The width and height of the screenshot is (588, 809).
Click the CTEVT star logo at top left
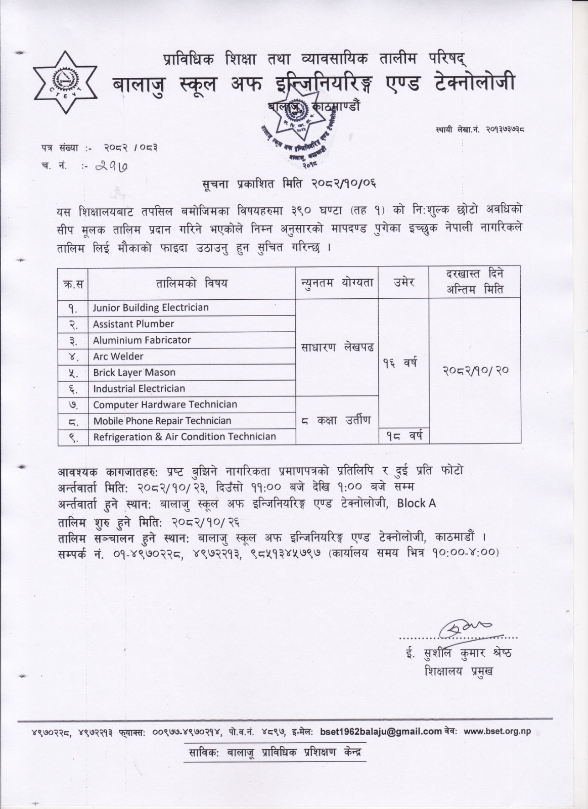click(64, 82)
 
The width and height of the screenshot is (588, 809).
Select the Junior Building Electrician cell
click(151, 307)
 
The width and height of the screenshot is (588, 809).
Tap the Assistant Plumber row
click(133, 324)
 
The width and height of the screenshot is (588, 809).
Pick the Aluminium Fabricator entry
click(142, 340)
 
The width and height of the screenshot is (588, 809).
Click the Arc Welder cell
click(118, 356)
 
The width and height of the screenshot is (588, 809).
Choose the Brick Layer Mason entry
click(134, 372)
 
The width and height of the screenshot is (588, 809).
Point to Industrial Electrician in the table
click(139, 388)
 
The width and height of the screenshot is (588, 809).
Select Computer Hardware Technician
click(165, 404)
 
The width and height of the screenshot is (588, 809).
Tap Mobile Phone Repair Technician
click(162, 421)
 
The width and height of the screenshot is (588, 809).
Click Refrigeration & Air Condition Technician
click(185, 436)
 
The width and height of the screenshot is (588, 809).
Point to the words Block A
click(416, 503)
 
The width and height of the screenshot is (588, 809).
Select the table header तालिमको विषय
click(191, 283)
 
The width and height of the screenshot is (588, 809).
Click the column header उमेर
click(403, 282)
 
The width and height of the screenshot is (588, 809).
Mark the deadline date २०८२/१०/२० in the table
click(475, 370)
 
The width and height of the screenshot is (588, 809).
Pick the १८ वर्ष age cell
click(403, 435)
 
